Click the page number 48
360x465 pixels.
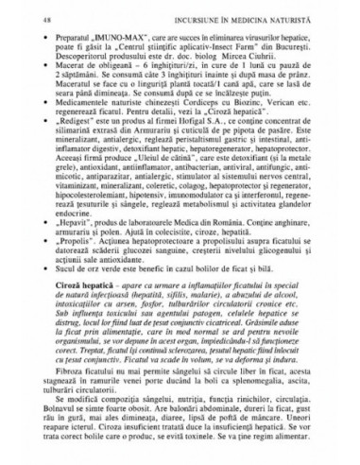[x=50, y=17]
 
